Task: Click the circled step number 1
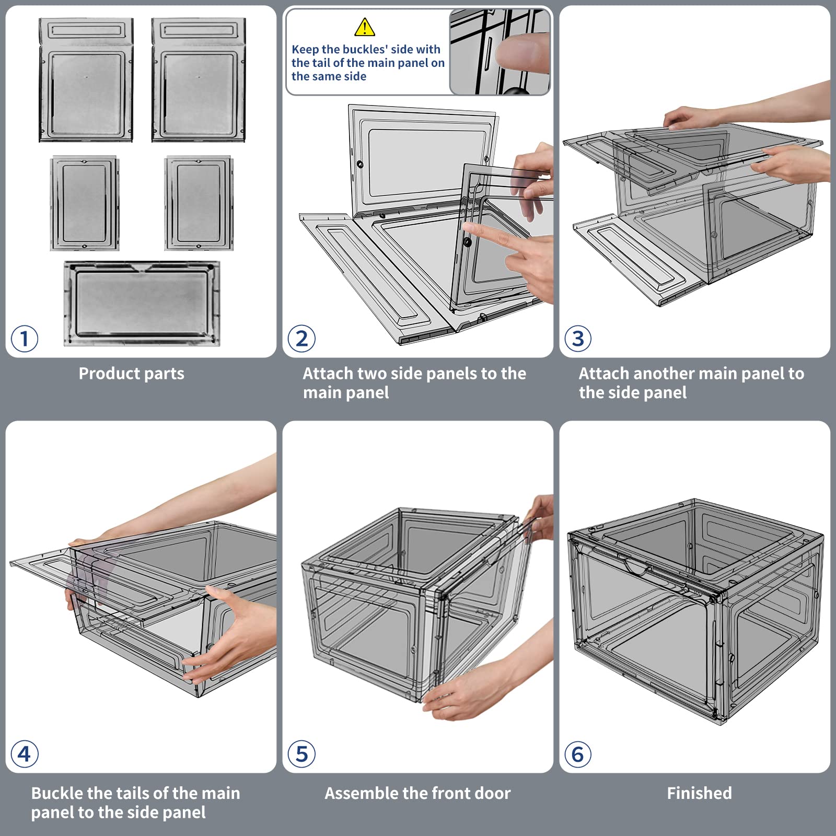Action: click(x=24, y=339)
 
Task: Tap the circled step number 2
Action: click(x=301, y=339)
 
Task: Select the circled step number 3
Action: click(x=578, y=339)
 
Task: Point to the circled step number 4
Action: click(x=24, y=754)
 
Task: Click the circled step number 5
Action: click(x=301, y=754)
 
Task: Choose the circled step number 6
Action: click(x=578, y=754)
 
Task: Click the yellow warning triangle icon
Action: click(x=364, y=27)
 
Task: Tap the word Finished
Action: click(x=699, y=793)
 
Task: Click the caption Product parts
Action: click(x=131, y=374)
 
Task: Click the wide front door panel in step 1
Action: click(x=142, y=304)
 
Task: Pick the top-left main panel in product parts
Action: click(x=86, y=80)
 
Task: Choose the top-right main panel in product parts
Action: click(x=199, y=80)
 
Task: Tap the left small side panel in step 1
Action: click(x=85, y=203)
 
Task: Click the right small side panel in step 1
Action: click(x=199, y=203)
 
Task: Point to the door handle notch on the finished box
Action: click(x=637, y=567)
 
